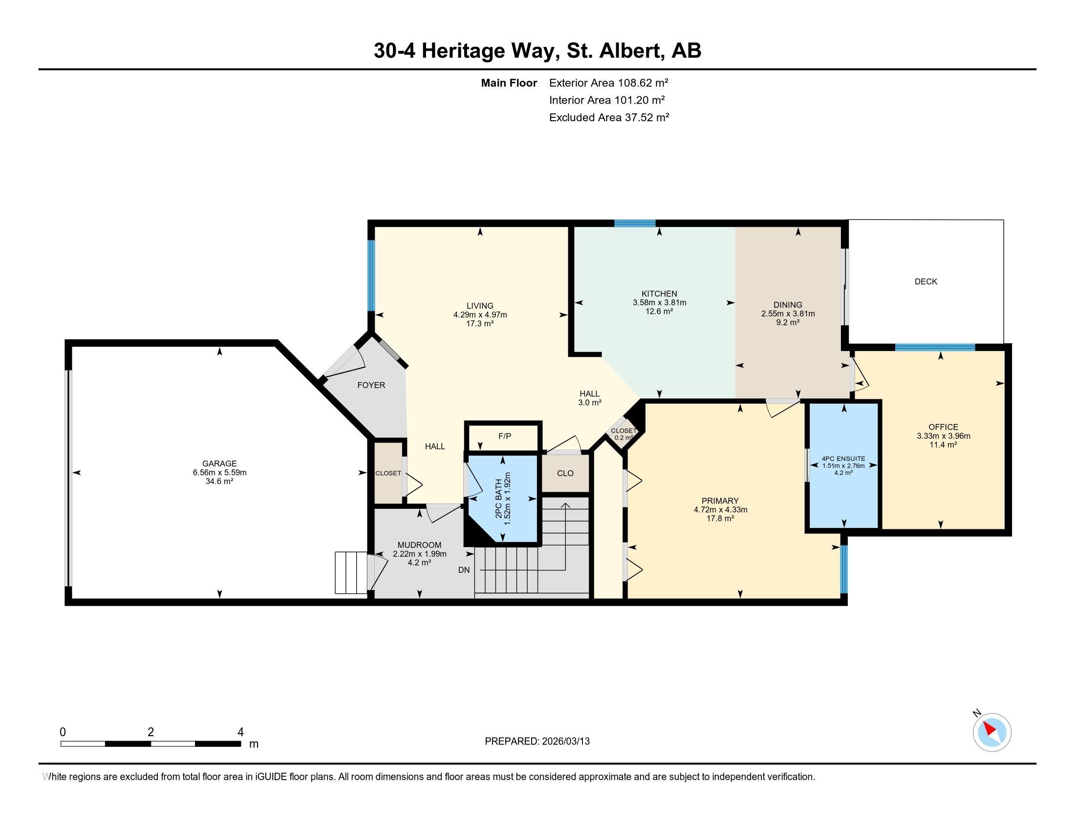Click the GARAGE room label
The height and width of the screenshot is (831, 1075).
(x=219, y=463)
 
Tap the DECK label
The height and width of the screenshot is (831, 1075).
(x=926, y=282)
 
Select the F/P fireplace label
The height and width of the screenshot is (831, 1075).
(x=505, y=436)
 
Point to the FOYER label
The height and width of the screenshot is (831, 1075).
(x=371, y=385)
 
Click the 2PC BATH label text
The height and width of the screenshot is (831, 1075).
(x=499, y=499)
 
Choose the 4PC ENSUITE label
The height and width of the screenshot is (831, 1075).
(x=843, y=459)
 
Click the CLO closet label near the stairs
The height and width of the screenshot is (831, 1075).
(x=565, y=473)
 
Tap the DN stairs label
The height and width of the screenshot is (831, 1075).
(x=464, y=569)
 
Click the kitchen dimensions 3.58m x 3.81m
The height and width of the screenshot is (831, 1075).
(x=660, y=303)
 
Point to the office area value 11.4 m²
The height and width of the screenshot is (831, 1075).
(x=943, y=444)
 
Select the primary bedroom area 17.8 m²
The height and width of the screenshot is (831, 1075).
(x=721, y=518)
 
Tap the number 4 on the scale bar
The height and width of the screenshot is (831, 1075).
(x=241, y=732)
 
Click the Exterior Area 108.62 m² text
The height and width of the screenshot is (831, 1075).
(x=609, y=83)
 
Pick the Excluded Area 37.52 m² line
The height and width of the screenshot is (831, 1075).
(x=609, y=117)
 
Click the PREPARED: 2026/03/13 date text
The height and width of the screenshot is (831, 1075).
(x=537, y=741)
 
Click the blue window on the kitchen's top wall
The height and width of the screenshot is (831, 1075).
(x=635, y=223)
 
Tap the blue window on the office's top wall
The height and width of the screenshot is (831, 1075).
(x=935, y=347)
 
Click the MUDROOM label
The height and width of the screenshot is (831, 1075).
(x=419, y=545)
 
